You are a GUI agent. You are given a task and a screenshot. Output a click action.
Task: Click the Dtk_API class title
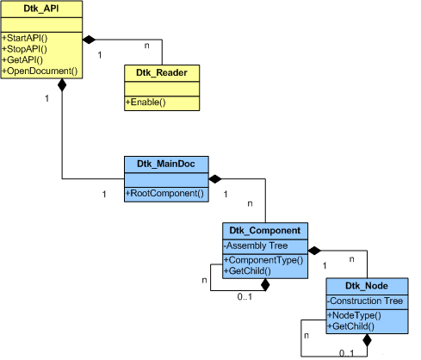pos(41,9)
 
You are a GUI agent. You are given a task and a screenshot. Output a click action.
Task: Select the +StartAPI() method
pos(25,38)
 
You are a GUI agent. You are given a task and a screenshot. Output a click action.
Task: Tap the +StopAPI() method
pos(24,49)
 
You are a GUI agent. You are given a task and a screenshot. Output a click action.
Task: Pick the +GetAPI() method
pos(22,60)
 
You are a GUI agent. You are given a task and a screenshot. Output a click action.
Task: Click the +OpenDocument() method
pos(40,71)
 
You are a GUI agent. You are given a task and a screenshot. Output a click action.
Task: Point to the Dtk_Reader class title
pos(162,72)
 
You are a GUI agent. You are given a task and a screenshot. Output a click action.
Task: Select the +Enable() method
pos(145,102)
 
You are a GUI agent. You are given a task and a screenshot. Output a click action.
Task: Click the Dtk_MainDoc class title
pos(166,164)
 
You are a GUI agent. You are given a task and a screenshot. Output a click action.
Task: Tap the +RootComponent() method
pos(164,193)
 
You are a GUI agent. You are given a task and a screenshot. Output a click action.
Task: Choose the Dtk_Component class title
pos(265,231)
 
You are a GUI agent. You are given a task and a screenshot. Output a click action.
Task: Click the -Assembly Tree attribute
pos(256,245)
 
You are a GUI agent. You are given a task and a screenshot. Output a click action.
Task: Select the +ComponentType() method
pos(263,260)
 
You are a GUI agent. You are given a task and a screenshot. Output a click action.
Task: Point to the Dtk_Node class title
pos(367,286)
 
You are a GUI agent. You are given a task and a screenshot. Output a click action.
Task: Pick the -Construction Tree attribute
pos(365,301)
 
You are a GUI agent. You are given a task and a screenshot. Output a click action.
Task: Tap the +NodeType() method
pos(355,315)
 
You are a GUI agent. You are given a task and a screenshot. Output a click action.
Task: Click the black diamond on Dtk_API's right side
pos(89,40)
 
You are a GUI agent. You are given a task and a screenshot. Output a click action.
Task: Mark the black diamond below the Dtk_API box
pos(62,85)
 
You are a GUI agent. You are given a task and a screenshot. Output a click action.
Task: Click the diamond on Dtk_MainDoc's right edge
pos(215,179)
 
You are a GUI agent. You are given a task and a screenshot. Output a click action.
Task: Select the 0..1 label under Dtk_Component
pos(245,296)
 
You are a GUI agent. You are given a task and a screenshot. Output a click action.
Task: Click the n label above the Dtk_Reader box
pos(146,46)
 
